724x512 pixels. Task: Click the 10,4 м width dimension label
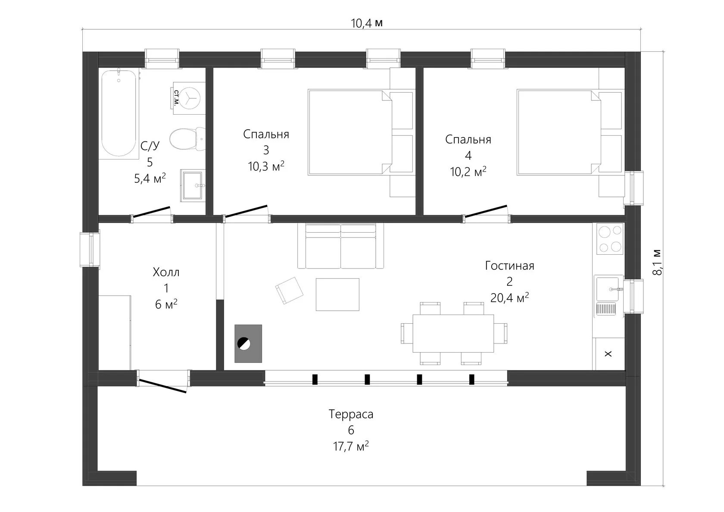367,23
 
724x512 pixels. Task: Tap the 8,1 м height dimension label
657,262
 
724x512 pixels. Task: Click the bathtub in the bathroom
118,113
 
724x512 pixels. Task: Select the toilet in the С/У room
187,139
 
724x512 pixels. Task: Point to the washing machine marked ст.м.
189,98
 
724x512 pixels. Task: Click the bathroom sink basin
193,185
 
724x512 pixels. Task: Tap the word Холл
166,272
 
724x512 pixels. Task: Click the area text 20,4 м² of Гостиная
509,297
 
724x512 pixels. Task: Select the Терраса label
351,414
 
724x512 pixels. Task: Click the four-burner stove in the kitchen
609,239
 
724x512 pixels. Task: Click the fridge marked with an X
608,354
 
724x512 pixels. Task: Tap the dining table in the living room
453,333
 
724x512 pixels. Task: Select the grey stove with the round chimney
248,343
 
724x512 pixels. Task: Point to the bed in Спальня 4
570,132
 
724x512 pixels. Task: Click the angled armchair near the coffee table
289,290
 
